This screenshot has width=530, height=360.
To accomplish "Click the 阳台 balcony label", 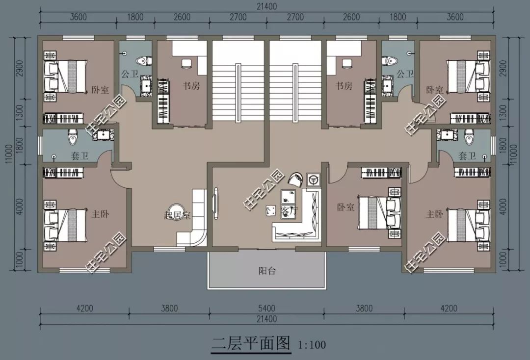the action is coord(267,271).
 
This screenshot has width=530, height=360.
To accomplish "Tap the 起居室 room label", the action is coord(177,215).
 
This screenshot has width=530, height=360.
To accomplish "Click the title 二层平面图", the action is coord(251,343).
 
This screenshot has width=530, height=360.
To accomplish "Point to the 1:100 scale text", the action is coord(312,345).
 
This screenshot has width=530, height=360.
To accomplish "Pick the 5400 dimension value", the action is coord(266,308).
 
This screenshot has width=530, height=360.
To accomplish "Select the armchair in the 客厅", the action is coord(296,180).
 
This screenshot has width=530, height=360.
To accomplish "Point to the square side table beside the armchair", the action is coord(313,180).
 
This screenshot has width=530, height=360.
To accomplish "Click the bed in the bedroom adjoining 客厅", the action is coord(379,212).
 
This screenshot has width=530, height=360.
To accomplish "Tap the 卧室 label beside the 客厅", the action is coord(345,207).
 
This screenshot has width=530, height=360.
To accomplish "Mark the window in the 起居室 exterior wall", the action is coord(169,249).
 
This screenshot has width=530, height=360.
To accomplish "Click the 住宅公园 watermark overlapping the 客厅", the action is coord(264,189).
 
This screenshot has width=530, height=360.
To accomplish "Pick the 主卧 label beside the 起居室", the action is coord(101,214).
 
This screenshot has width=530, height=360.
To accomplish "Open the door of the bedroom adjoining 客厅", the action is coord(336,172).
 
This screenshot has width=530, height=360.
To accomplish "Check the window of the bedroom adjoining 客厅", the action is coord(364,249).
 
